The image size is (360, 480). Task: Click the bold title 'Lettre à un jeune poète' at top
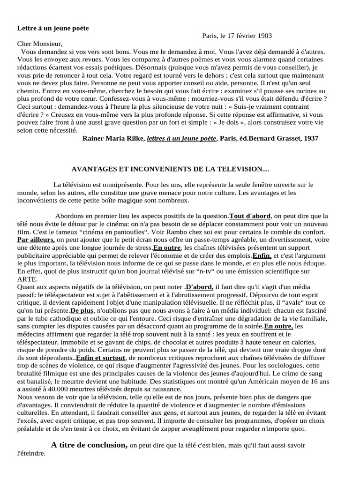(x=53, y=28)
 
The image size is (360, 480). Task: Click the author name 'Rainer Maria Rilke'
(x=113, y=138)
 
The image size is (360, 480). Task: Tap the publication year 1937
(x=310, y=138)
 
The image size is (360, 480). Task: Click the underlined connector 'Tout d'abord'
(x=250, y=216)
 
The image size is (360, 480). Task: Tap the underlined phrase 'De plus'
(x=81, y=310)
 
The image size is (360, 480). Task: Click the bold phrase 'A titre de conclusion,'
(x=89, y=445)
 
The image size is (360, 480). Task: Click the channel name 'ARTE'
(x=27, y=279)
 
